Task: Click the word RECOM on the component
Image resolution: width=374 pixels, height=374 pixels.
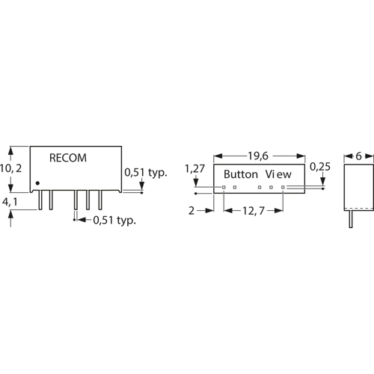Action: coord(67,158)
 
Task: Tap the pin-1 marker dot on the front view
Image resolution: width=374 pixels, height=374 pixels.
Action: coord(37,183)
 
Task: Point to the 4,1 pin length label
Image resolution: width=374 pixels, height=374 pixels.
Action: coord(11,201)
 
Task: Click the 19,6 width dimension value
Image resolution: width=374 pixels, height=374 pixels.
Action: coord(258,156)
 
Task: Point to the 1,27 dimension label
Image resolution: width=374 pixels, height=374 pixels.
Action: coord(194,170)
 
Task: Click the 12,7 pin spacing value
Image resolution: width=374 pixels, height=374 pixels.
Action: coord(255,212)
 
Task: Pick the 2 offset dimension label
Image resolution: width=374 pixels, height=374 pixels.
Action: coord(191,212)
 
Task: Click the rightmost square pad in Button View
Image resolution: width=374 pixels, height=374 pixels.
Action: coord(283,187)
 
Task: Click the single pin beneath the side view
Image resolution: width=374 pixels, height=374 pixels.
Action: coord(352,219)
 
